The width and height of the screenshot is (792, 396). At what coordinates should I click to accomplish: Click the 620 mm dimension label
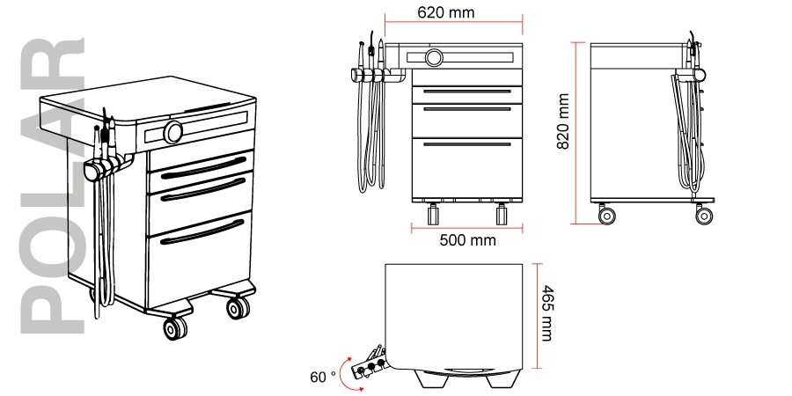click(445, 13)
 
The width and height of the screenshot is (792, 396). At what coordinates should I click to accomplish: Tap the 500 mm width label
click(466, 239)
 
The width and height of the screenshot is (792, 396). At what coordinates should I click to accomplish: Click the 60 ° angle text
click(323, 377)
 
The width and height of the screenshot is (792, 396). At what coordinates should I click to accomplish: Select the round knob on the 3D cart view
click(173, 132)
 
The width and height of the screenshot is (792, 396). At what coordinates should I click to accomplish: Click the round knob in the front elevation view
click(434, 58)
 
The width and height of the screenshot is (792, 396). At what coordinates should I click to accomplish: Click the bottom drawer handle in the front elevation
click(466, 143)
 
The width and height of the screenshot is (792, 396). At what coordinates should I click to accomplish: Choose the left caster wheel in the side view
click(606, 214)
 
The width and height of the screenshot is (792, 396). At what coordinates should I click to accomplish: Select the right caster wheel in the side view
click(704, 214)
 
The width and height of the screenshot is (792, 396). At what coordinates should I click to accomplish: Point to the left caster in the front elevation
click(433, 214)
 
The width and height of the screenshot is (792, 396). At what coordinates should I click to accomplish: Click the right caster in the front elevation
click(502, 214)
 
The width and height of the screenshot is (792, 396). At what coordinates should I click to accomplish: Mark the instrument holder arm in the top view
click(371, 361)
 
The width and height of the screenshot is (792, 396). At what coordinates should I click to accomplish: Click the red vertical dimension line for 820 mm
click(576, 132)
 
